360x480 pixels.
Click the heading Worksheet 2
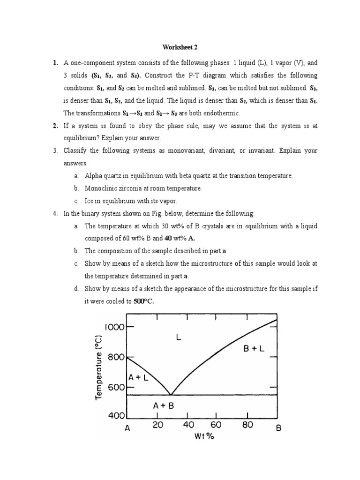coord(180,47)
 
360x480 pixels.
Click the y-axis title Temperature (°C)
coord(98,367)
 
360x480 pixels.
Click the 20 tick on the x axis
coord(157,425)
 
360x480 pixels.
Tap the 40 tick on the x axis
coord(188,425)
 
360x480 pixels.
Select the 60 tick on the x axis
coord(216,425)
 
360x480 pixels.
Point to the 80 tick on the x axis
coord(247,425)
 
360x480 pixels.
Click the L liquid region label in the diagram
coord(178,337)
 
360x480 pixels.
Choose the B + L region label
coord(254,348)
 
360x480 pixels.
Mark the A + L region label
coord(138,377)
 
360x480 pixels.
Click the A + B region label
coord(163,406)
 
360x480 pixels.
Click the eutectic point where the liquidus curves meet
coord(171,395)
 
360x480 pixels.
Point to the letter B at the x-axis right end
coord(278,427)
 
